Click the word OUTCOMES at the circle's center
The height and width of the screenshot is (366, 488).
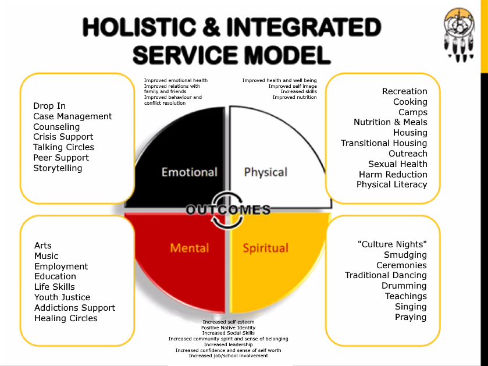[228, 210]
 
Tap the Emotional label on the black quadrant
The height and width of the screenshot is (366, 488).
[189, 172]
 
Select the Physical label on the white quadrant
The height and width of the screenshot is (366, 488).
[266, 172]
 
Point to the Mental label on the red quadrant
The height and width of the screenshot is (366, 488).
[189, 248]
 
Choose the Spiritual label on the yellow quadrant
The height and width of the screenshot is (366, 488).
[265, 248]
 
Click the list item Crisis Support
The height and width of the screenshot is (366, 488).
[63, 137]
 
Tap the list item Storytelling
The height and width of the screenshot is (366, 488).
[58, 168]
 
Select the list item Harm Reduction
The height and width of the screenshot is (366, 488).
[393, 175]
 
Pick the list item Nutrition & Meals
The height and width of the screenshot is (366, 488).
[390, 122]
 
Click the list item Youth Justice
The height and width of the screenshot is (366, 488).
[62, 297]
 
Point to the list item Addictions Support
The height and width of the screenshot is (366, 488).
[74, 308]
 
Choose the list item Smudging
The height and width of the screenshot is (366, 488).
[405, 255]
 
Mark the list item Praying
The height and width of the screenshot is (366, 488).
[411, 317]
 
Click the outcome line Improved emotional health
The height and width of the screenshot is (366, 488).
[176, 80]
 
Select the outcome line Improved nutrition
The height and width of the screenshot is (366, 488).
[294, 97]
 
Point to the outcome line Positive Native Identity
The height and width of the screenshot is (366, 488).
[229, 328]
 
